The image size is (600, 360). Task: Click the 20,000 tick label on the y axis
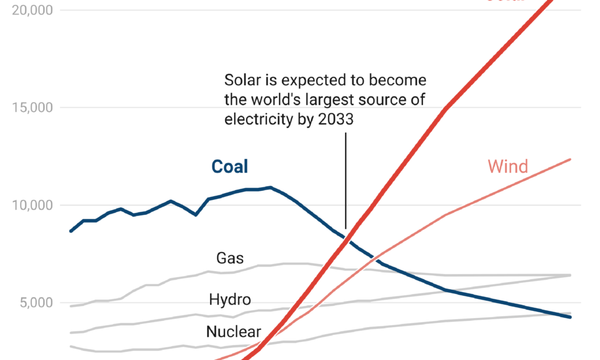pos(31,10)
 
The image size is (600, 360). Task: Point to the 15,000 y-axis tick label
pos(31,108)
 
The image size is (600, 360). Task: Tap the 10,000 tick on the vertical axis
pos(31,205)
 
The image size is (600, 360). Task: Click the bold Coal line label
pos(230,167)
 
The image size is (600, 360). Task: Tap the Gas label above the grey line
pos(230,258)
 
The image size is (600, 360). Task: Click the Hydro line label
pos(230,299)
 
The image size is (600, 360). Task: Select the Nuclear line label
pos(233,332)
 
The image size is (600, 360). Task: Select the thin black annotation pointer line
pos(346,180)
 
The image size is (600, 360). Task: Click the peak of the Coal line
pos(270,187)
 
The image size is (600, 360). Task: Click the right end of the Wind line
pos(570,159)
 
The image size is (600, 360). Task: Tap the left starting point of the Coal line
pos(71,231)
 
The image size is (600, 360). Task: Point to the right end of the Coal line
pos(570,317)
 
